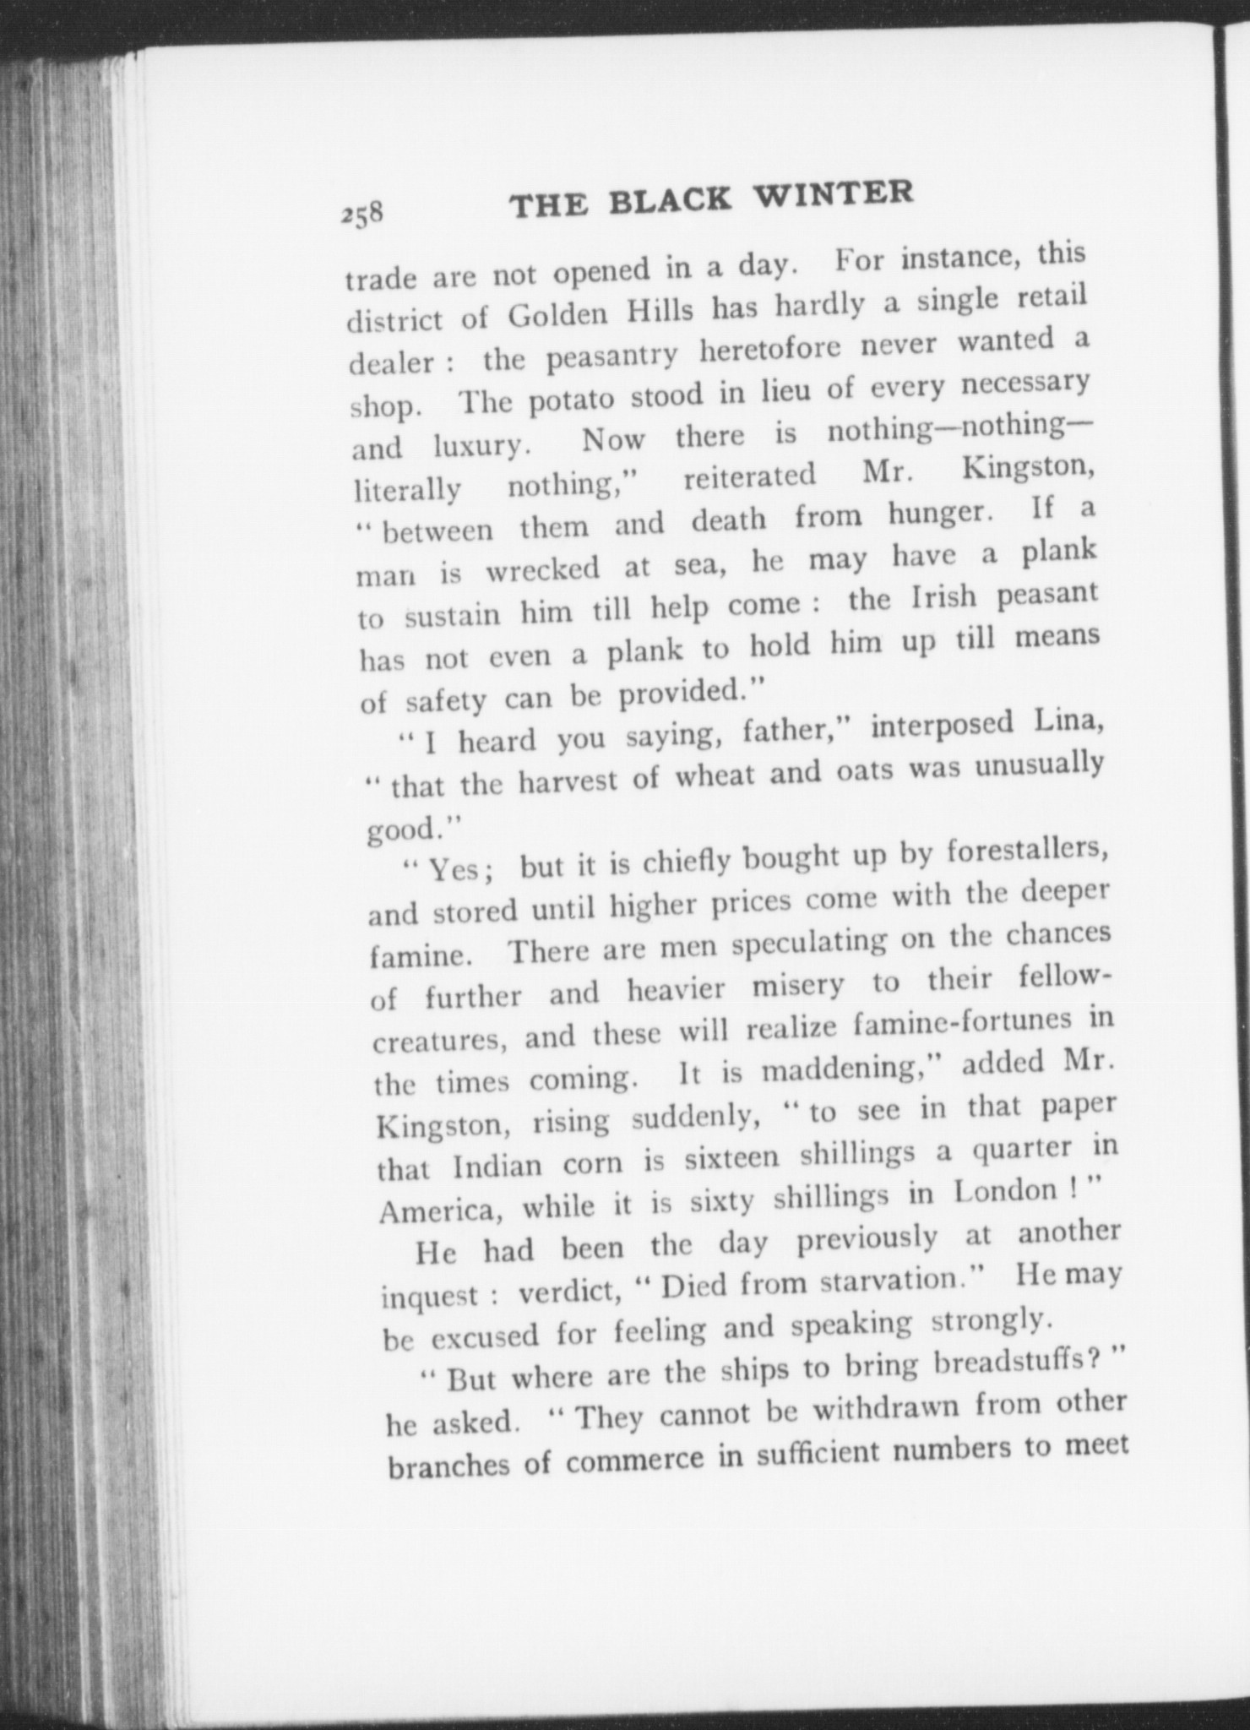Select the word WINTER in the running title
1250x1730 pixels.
[834, 193]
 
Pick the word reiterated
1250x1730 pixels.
[749, 476]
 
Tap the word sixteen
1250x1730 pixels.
[731, 1157]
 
